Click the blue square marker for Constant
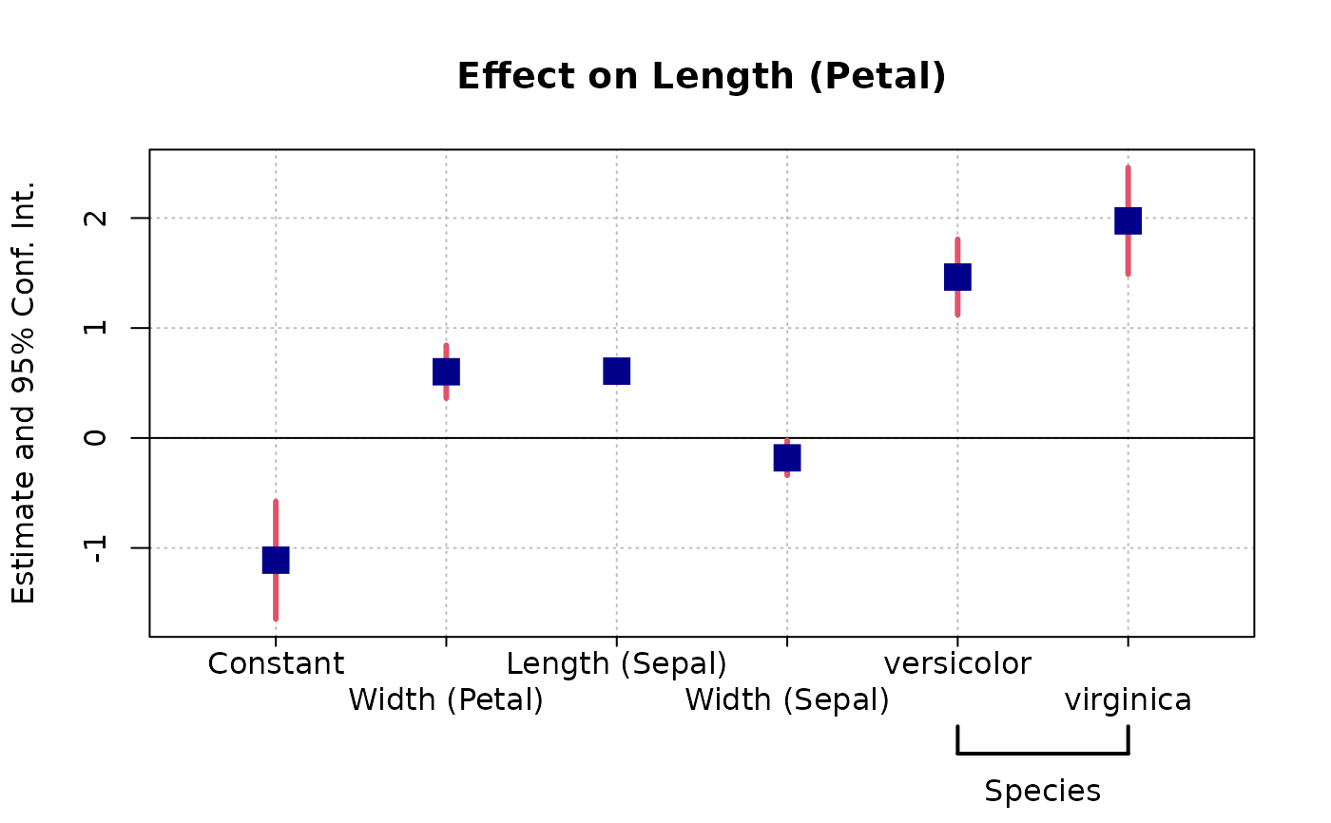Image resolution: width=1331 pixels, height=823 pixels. point(276,560)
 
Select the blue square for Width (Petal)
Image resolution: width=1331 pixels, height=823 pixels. point(446,372)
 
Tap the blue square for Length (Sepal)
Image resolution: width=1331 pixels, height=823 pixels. point(616,371)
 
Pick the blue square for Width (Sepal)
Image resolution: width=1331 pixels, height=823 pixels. point(787,458)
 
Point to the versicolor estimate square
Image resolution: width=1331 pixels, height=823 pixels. point(957,277)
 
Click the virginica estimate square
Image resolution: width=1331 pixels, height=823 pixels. point(1128,220)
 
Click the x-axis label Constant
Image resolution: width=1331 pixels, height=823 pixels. point(276,663)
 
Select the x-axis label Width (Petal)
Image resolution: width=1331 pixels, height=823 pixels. point(446,700)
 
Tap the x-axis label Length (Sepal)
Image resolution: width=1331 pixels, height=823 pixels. point(616,663)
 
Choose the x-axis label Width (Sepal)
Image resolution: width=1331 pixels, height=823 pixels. point(787,700)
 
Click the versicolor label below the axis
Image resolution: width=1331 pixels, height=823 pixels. point(957,663)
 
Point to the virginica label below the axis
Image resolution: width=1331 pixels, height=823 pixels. point(1128,700)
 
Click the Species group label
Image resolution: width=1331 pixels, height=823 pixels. point(1042,791)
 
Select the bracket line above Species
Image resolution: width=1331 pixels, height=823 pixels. point(1042,754)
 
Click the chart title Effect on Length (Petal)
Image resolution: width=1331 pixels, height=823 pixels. point(702,76)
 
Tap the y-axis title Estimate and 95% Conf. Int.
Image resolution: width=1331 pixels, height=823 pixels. point(24,392)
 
